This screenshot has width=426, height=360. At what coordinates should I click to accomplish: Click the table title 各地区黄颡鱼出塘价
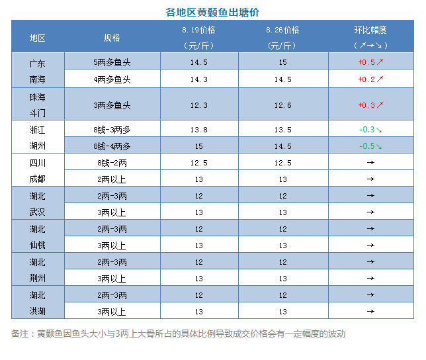(212, 12)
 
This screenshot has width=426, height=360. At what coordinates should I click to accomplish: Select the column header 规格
(112, 38)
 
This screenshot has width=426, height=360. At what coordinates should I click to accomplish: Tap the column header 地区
(38, 38)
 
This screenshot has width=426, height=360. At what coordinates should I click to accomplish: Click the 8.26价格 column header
(282, 30)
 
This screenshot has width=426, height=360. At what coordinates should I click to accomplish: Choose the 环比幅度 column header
(370, 30)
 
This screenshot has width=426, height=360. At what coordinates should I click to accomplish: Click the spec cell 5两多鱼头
(112, 62)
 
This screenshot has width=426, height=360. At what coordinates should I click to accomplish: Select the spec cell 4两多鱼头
(112, 79)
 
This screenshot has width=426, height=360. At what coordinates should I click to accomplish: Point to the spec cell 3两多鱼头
(112, 105)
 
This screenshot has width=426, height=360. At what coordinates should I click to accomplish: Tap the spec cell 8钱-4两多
(112, 146)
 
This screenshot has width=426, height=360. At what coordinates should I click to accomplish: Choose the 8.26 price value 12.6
(282, 105)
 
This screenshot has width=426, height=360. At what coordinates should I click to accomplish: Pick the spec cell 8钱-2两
(112, 163)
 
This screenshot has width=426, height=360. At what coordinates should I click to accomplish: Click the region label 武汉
(38, 212)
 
